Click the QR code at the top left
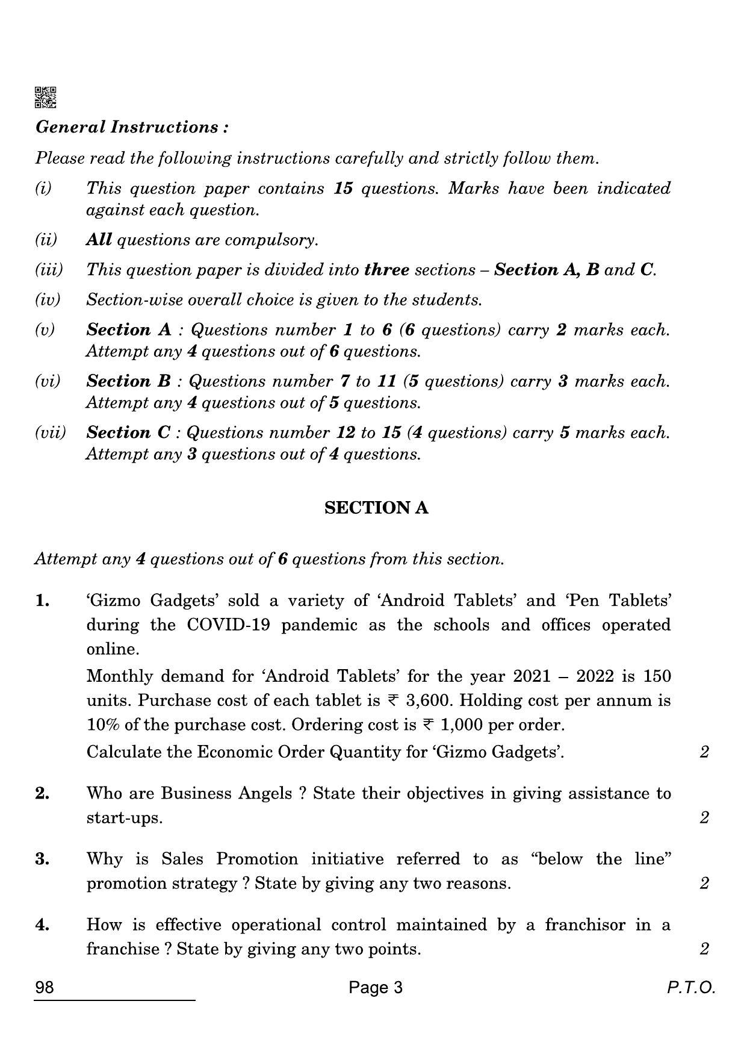tap(45, 98)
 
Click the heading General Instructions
tap(132, 127)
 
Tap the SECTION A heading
tap(376, 508)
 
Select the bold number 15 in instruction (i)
tap(343, 189)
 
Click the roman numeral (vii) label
tap(50, 432)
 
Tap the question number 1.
tap(42, 600)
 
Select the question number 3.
tap(42, 859)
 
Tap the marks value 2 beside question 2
tap(704, 817)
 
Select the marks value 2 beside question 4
tap(704, 949)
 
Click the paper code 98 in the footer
tap(45, 988)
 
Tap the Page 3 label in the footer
tap(376, 988)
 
